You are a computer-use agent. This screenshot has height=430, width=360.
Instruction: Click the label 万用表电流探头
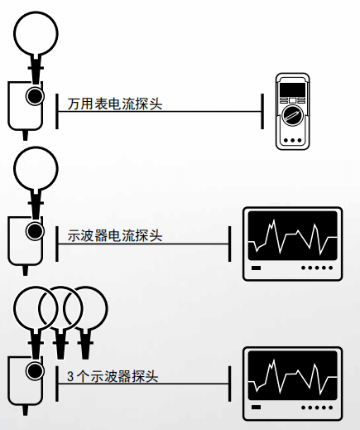[x=114, y=104]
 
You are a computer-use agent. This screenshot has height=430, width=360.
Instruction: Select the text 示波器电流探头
[x=114, y=235]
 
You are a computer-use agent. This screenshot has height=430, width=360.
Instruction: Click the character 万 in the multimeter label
[x=73, y=104]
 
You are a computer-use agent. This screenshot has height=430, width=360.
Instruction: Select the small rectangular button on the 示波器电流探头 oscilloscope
[x=257, y=268]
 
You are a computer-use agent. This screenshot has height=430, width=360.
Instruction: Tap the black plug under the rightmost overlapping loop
[x=84, y=337]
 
